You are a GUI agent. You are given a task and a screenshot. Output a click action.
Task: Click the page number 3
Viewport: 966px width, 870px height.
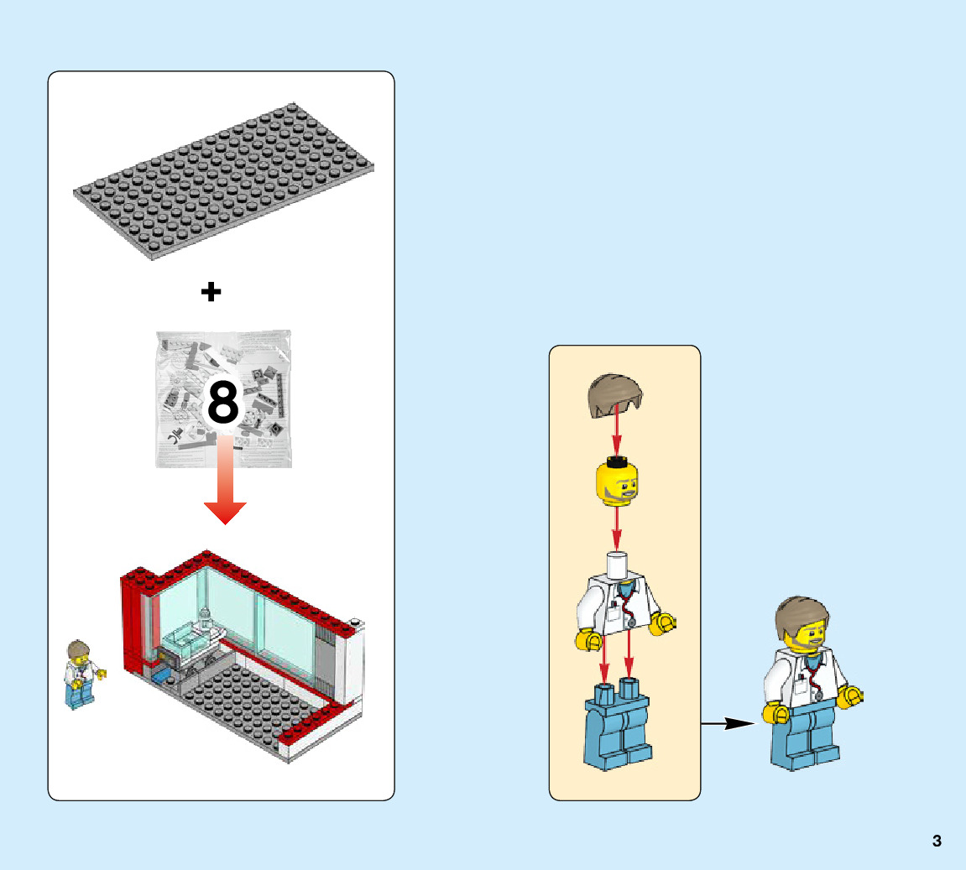(x=937, y=841)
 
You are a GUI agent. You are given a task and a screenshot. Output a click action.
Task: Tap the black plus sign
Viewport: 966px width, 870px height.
(x=211, y=292)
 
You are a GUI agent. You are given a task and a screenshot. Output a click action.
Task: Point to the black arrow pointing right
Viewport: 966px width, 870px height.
(x=728, y=723)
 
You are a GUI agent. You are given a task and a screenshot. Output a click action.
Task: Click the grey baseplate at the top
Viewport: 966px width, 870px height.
(x=223, y=180)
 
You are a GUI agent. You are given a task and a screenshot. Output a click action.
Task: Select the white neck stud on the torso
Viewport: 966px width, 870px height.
(x=619, y=565)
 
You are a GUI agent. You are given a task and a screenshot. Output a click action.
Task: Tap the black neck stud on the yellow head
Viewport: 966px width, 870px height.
(x=619, y=460)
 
